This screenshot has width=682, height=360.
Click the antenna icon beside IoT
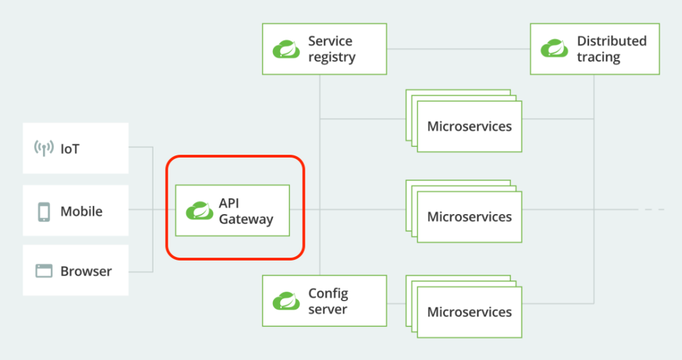(x=44, y=148)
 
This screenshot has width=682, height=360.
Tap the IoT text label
(x=70, y=148)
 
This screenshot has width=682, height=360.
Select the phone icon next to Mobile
(x=44, y=211)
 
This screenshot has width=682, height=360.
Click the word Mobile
(x=81, y=211)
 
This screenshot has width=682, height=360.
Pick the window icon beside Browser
(x=44, y=271)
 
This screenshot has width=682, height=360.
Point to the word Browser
(x=86, y=271)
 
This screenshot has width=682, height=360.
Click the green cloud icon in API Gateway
(x=199, y=211)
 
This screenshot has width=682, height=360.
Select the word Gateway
(x=246, y=220)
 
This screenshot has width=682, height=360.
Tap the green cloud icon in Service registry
(x=286, y=49)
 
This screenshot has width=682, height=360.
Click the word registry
(x=331, y=57)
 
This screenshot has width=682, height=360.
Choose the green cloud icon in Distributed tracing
(x=554, y=49)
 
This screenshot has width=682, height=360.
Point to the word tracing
(x=598, y=57)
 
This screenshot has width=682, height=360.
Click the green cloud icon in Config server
(x=286, y=301)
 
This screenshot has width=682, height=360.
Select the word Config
(x=328, y=294)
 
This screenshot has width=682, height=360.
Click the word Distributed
(x=611, y=41)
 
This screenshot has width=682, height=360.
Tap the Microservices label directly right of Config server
(x=469, y=312)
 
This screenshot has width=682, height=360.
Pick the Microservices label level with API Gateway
(x=469, y=217)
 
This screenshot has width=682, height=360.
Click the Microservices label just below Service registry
(x=469, y=126)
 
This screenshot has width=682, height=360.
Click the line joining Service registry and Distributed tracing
(x=458, y=49)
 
